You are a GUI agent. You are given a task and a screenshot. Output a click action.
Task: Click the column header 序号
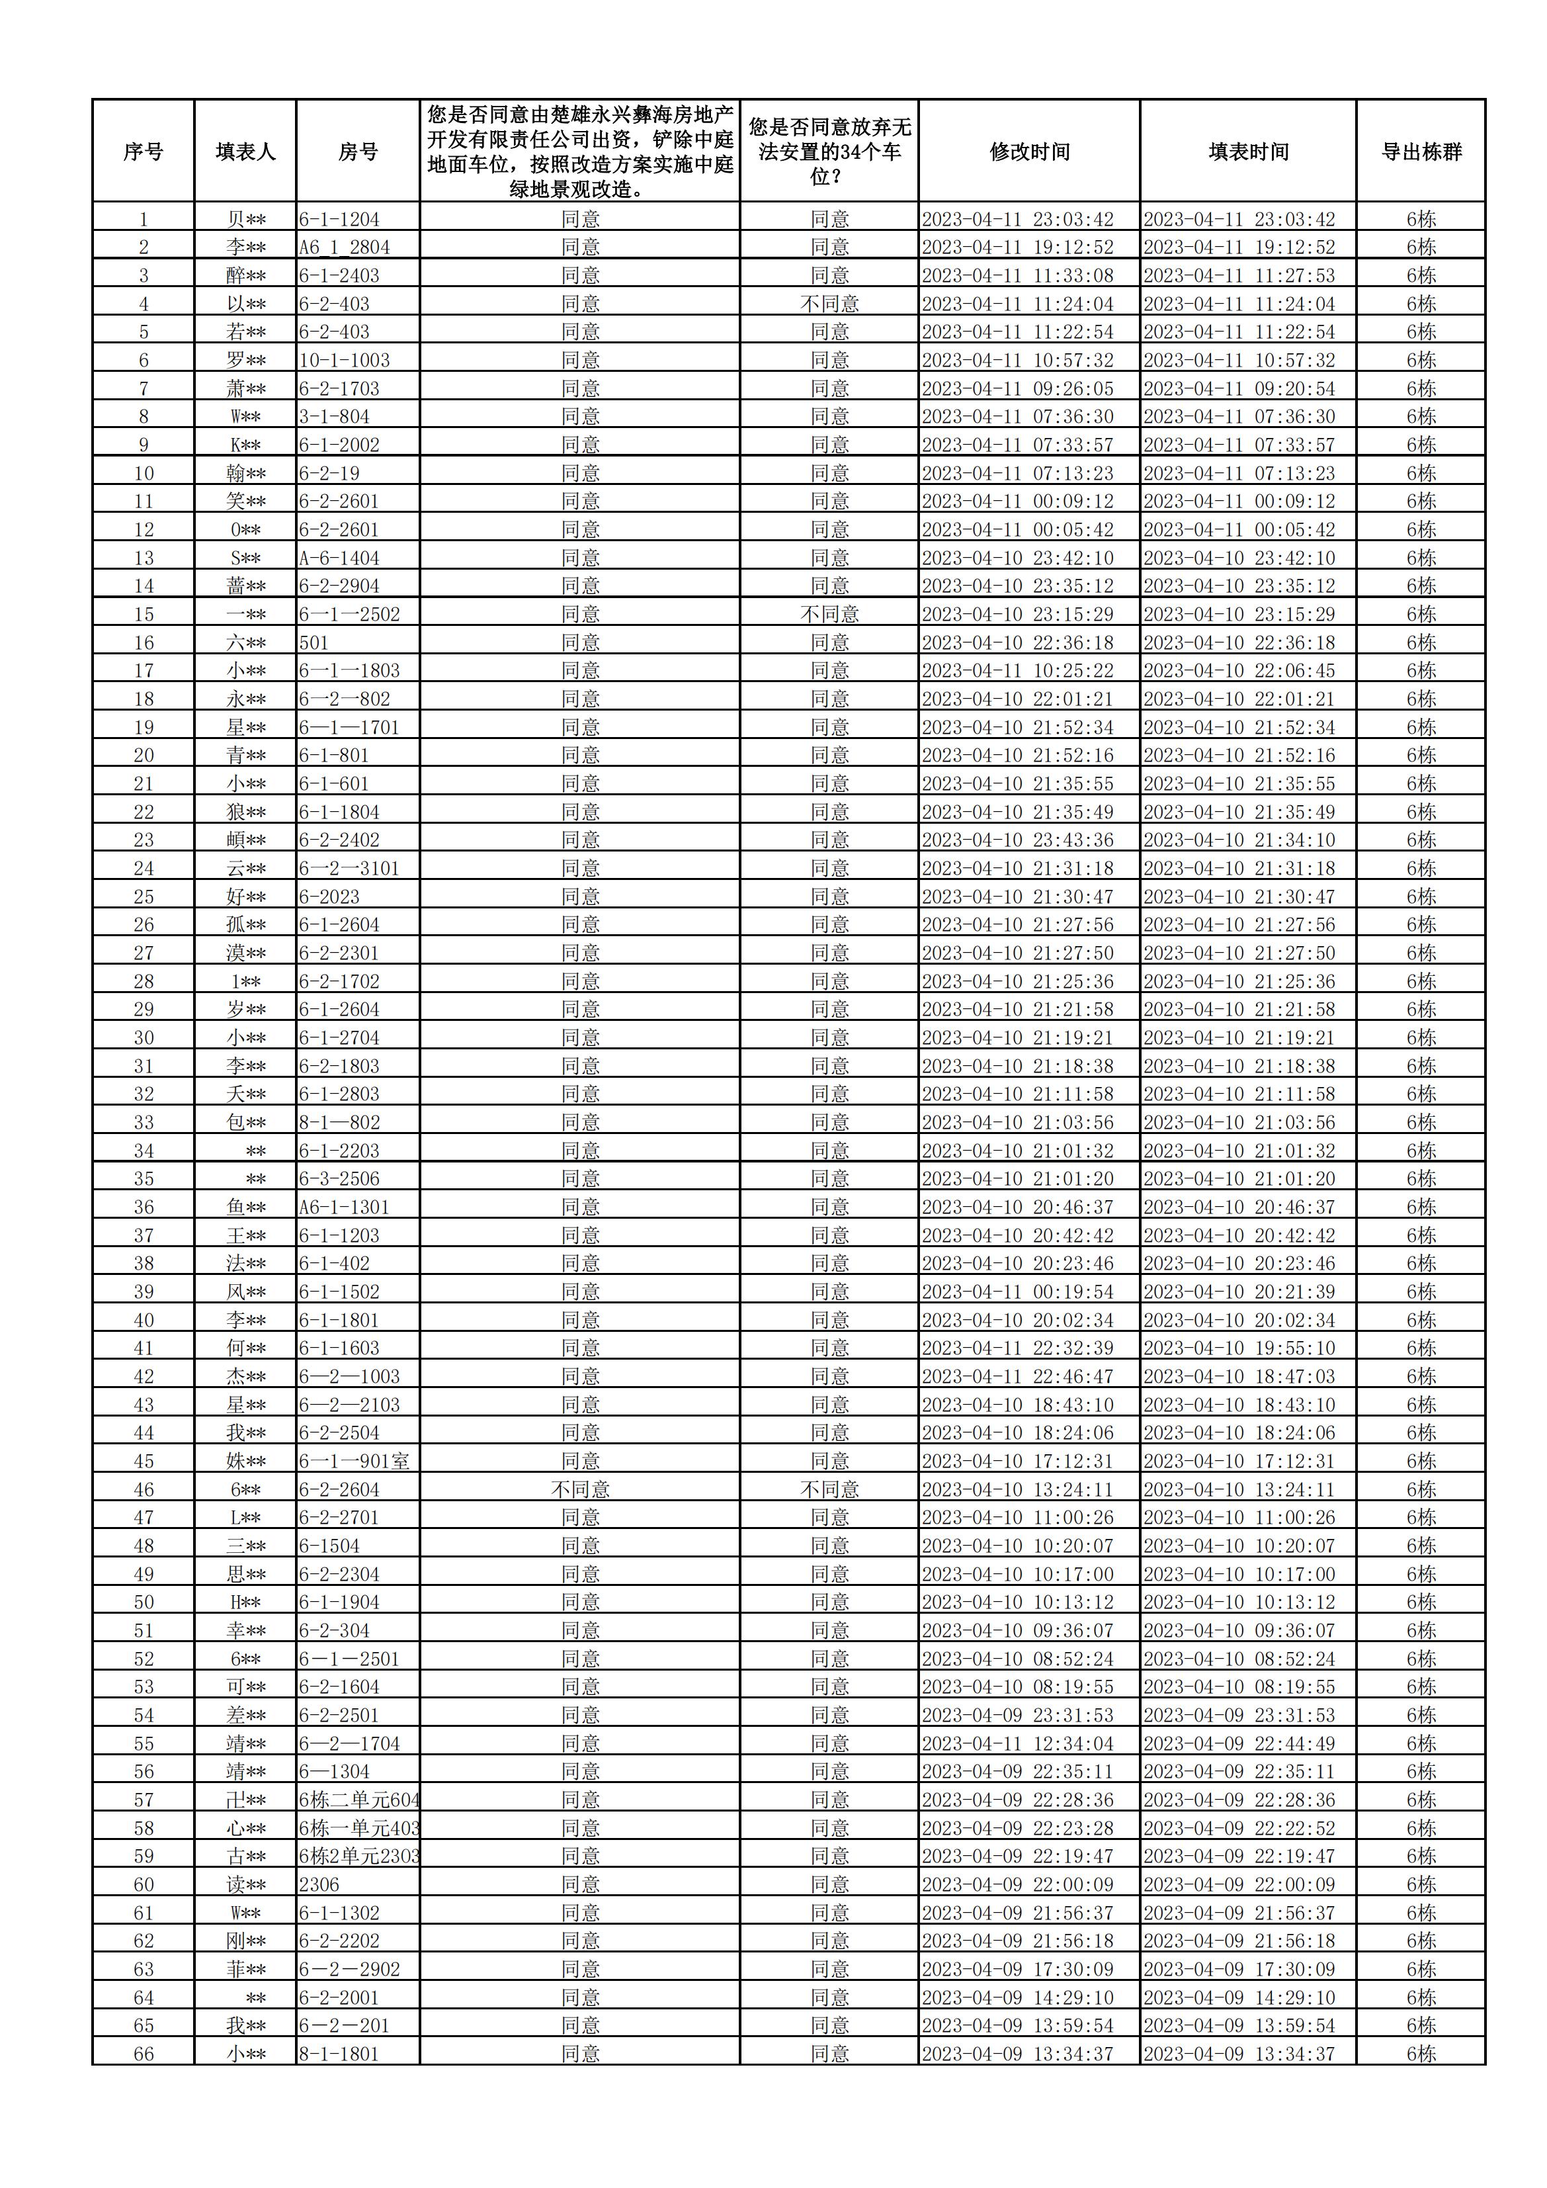[x=143, y=152]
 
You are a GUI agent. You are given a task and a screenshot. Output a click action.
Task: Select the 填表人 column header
[x=245, y=152]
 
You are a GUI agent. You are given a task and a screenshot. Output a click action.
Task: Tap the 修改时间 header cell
[x=1028, y=152]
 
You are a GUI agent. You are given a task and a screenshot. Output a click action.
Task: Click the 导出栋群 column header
[x=1420, y=152]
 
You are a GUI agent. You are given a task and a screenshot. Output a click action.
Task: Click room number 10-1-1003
[x=344, y=360]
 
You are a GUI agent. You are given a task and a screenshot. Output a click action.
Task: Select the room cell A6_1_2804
[x=344, y=247]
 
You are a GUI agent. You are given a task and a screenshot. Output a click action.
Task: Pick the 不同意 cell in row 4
[x=829, y=304]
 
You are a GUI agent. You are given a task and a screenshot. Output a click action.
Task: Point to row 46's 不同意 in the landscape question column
[x=579, y=1489]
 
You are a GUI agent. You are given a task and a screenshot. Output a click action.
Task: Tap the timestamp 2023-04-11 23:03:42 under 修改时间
[x=1017, y=219]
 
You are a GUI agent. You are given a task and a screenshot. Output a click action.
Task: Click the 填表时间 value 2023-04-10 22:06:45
[x=1238, y=671]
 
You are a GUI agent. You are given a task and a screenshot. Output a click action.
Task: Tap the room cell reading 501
[x=314, y=642]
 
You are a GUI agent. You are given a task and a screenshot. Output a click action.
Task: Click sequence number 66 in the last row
[x=143, y=2054]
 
